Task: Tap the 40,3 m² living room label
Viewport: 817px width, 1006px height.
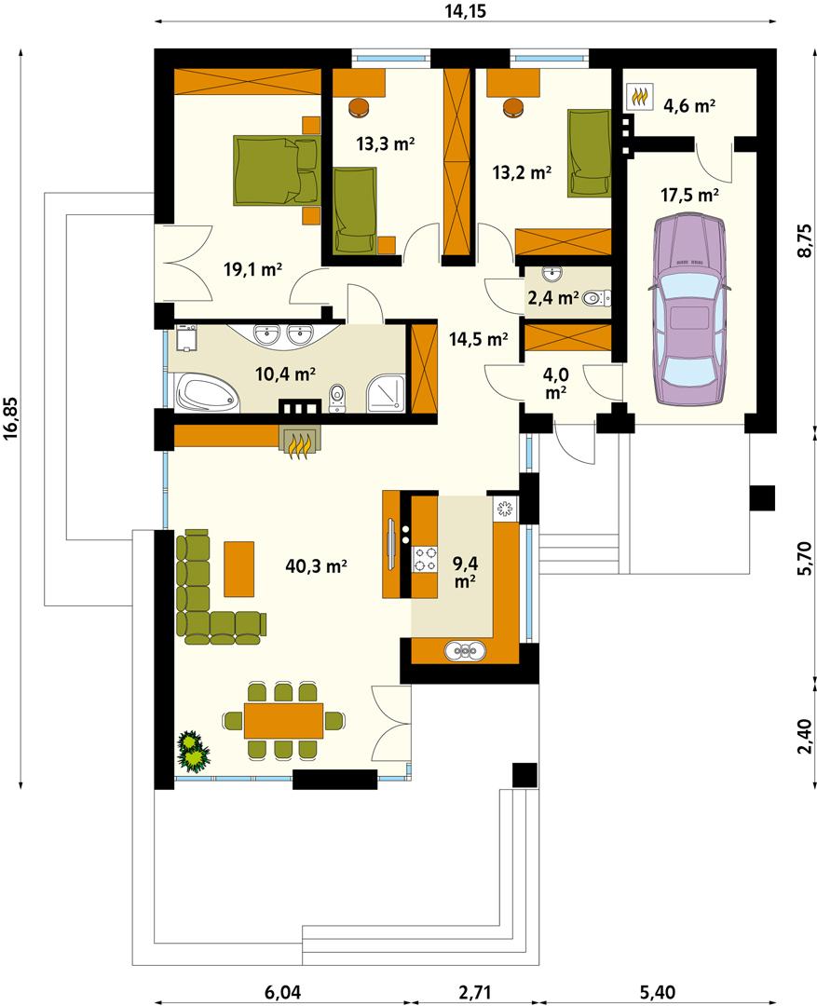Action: click(317, 565)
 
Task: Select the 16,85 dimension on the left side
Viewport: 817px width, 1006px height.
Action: click(11, 414)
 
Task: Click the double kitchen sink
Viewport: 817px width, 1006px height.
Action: click(462, 650)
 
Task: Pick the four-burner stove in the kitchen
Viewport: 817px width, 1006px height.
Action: click(425, 561)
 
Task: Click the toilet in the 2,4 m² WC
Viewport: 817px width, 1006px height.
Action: click(598, 298)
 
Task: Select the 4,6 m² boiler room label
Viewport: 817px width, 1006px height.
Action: click(688, 105)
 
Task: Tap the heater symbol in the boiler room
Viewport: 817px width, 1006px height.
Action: click(639, 95)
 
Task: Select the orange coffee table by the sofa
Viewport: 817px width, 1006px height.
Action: click(238, 567)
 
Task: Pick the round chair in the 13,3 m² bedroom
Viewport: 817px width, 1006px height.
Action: click(359, 107)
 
